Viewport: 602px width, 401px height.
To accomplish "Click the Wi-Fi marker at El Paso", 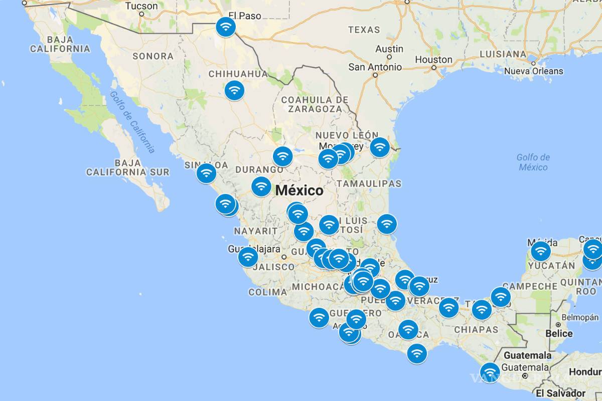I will [226, 27].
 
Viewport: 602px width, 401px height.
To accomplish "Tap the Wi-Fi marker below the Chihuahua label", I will [234, 91].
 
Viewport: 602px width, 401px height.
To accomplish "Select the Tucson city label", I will [141, 6].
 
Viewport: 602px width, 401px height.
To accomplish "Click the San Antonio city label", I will [375, 67].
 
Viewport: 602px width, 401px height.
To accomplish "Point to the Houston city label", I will [433, 60].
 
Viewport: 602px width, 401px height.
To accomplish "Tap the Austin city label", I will [389, 49].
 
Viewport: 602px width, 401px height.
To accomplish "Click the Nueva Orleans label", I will [533, 71].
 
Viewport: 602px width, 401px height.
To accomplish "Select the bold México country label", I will [299, 191].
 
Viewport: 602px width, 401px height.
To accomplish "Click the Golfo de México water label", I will [533, 162].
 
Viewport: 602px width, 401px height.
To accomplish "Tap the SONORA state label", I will [153, 56].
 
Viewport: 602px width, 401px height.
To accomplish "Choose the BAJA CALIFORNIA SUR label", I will [127, 167].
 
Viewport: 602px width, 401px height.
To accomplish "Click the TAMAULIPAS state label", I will [369, 183].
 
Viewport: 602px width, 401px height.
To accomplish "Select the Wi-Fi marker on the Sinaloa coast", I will [206, 173].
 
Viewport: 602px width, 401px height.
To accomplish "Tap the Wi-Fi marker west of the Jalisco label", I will [248, 257].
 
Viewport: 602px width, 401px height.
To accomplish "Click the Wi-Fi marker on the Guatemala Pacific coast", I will [490, 373].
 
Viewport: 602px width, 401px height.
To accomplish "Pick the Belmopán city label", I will [580, 317].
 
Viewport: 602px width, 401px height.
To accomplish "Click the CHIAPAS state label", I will [476, 329].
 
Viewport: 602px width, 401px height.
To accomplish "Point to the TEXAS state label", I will [364, 30].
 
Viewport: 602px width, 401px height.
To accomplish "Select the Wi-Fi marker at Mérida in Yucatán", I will [540, 251].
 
